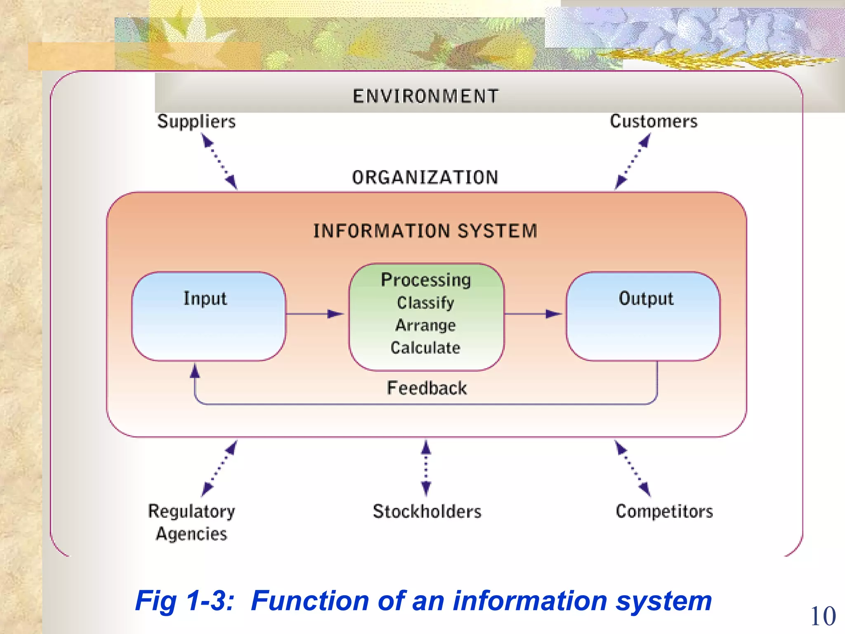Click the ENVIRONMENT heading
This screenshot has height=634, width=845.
pyautogui.click(x=425, y=96)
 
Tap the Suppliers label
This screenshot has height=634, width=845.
pyautogui.click(x=196, y=121)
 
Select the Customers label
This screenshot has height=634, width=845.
pyautogui.click(x=654, y=121)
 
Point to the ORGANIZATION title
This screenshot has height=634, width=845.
pyautogui.click(x=425, y=177)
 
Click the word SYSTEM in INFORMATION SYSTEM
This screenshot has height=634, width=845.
pyautogui.click(x=497, y=231)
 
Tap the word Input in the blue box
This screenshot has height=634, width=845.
pyautogui.click(x=205, y=298)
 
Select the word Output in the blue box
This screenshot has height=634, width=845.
pyautogui.click(x=646, y=298)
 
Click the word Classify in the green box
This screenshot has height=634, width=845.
pyautogui.click(x=425, y=303)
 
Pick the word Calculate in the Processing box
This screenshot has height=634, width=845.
pyautogui.click(x=425, y=348)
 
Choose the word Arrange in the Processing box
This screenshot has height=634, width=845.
pyautogui.click(x=425, y=325)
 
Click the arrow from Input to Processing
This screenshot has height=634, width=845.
pyautogui.click(x=314, y=314)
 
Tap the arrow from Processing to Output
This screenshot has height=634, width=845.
pyautogui.click(x=533, y=314)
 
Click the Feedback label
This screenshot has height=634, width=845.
pyautogui.click(x=427, y=388)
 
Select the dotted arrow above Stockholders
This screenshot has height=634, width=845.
pyautogui.click(x=426, y=468)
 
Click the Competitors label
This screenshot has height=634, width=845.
pyautogui.click(x=664, y=511)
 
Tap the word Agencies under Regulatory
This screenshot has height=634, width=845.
pyautogui.click(x=191, y=534)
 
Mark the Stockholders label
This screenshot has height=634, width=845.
pyautogui.click(x=427, y=511)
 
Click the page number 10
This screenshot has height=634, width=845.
pyautogui.click(x=823, y=616)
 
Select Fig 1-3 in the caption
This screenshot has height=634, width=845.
pyautogui.click(x=184, y=601)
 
